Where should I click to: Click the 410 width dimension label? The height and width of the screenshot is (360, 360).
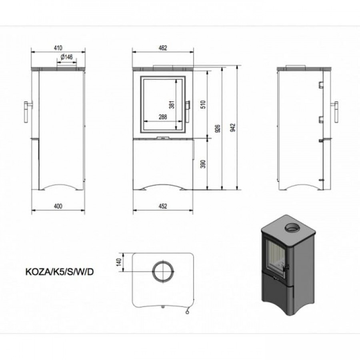click(58, 48)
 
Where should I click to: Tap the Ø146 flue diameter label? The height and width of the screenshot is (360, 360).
click(67, 57)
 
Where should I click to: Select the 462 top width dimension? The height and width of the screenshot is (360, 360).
click(163, 48)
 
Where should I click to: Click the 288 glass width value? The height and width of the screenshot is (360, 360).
click(163, 117)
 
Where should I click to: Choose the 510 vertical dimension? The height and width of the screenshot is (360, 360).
click(204, 104)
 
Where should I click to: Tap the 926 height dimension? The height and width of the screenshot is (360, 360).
click(218, 128)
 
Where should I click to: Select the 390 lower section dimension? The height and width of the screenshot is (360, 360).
click(204, 164)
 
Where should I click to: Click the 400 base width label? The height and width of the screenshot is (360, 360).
click(58, 206)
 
